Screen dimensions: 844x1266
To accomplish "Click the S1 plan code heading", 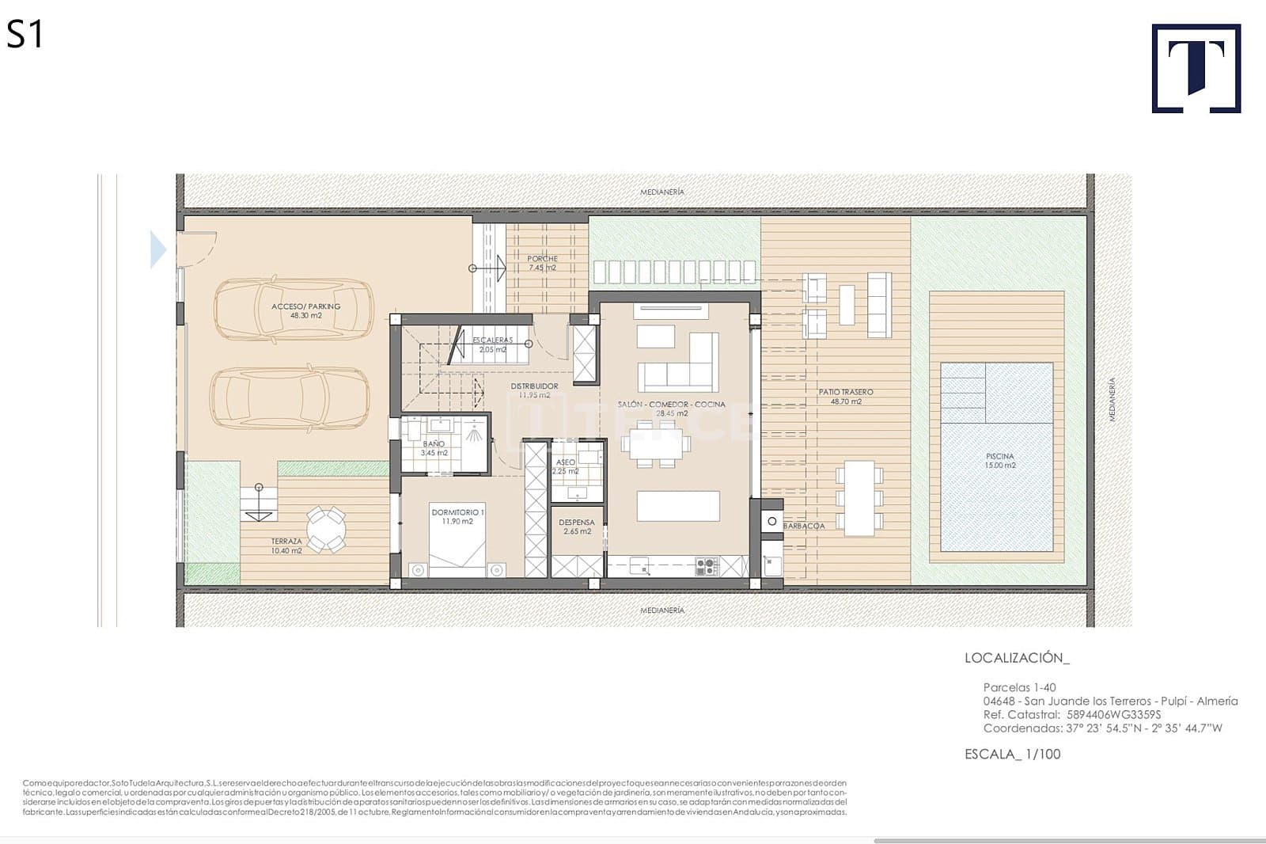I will pos(25,36).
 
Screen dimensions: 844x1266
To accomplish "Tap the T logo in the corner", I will pos(1196,68).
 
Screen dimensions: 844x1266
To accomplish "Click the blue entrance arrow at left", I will pos(158,249).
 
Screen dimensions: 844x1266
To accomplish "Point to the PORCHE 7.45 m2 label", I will pos(542,263).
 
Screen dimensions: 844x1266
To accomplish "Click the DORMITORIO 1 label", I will pos(458,516).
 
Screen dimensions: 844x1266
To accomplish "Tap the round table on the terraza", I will pos(326,529).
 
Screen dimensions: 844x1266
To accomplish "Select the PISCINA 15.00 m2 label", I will pos(999,461).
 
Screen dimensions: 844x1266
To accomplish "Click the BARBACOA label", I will pos(804,526).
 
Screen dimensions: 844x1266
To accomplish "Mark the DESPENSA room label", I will pos(577,527).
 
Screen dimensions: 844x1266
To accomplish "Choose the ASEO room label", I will pos(565,466).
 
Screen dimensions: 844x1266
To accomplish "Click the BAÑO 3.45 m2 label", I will pos(434,448).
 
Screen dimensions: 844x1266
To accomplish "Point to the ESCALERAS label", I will pos(492,344).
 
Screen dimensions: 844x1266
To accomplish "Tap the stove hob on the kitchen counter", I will pos(706,566).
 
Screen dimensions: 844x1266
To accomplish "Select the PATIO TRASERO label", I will pos(846,396).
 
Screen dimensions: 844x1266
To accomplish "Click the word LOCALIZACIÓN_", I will pos(1017,658).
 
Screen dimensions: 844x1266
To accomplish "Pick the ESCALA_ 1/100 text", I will pos(1012,754).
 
